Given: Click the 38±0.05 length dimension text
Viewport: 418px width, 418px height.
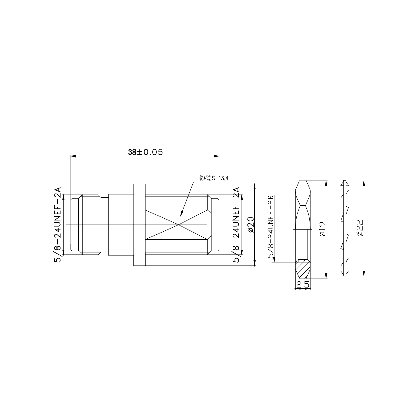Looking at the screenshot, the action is point(145,152).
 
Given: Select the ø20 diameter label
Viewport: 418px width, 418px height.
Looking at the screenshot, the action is point(251,224).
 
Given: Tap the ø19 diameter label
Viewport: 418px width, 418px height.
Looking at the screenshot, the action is point(322,229).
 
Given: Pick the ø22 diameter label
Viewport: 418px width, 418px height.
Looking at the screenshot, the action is point(360,228).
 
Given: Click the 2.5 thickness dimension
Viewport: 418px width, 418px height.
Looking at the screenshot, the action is point(303,284).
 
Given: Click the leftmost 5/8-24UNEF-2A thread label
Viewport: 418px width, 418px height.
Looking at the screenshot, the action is point(58,225).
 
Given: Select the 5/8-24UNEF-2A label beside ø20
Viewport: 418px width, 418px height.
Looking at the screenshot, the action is point(236,225).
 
